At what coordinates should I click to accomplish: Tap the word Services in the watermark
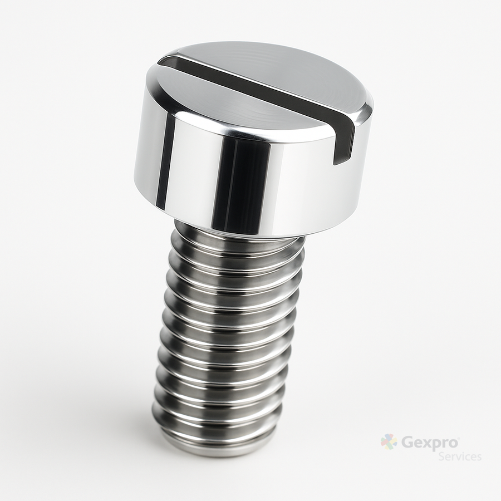(460, 456)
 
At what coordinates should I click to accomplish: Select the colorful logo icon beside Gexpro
(389, 441)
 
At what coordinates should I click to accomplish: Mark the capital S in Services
(441, 456)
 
